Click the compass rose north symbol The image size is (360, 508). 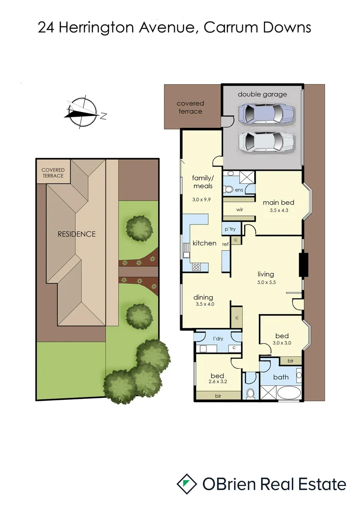click(83, 112)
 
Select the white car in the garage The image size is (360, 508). click(266, 140)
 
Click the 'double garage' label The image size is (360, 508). click(262, 94)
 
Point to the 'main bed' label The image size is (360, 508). click(278, 202)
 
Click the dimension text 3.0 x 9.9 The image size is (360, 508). click(202, 199)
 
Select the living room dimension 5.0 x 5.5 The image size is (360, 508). click(265, 283)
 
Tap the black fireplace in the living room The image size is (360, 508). click(304, 265)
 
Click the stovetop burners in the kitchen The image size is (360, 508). click(197, 267)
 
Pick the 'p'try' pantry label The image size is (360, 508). click(230, 229)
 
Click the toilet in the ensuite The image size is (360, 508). click(229, 190)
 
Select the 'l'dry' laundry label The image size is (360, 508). click(217, 339)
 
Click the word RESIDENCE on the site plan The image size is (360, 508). click(76, 234)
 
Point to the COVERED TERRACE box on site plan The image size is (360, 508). click(53, 173)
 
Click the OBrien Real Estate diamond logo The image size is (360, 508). click(187, 484)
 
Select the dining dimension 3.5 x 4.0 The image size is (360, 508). click(203, 304)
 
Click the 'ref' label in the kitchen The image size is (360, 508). click(225, 244)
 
